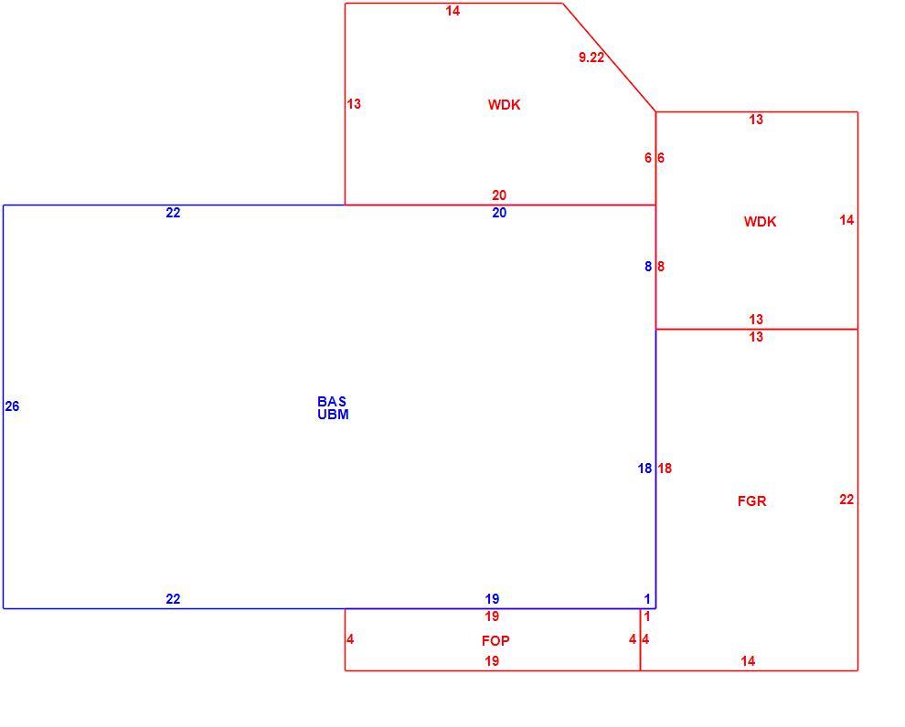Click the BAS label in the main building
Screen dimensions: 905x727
(332, 401)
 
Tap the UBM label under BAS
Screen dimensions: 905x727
(333, 415)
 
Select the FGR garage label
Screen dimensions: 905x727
(752, 501)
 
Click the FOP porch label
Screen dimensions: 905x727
(495, 640)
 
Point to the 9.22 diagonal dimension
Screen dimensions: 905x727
(591, 57)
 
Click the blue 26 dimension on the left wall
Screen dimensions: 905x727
(12, 406)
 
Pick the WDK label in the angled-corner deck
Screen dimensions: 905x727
(505, 104)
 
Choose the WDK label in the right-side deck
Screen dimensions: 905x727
(761, 221)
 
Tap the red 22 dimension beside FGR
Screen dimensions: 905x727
(846, 500)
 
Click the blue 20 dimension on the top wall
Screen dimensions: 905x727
(499, 213)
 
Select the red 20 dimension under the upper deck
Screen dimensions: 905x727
(499, 195)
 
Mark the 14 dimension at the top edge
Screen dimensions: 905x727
(453, 10)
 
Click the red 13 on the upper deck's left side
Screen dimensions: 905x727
(354, 104)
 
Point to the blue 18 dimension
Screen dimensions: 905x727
(644, 469)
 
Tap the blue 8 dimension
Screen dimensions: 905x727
(648, 267)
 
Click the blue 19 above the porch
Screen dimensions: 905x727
(492, 599)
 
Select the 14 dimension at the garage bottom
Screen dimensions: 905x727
(748, 661)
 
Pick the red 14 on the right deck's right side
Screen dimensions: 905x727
(846, 220)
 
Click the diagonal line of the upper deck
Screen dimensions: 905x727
(609, 57)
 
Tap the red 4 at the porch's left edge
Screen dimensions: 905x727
(350, 639)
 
